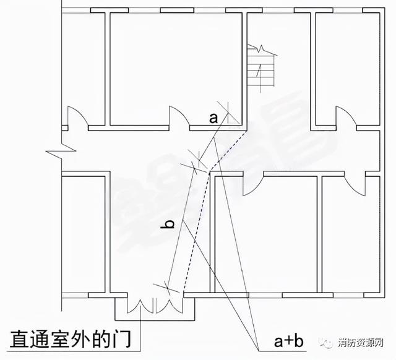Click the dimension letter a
click(213, 119)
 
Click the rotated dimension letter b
click(168, 224)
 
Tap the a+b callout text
click(288, 341)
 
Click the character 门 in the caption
click(122, 339)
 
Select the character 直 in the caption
click(19, 339)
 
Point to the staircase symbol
click(261, 67)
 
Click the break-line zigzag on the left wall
click(61, 151)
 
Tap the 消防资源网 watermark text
click(361, 343)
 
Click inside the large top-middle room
click(176, 68)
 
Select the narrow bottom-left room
click(84, 234)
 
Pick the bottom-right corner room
click(351, 234)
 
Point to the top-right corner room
click(348, 69)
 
